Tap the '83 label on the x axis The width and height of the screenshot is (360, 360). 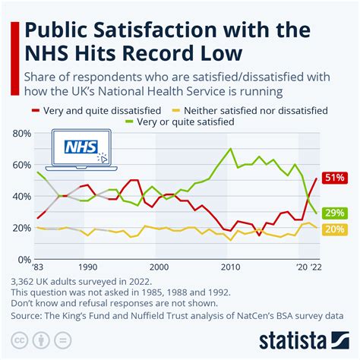coord(36,268)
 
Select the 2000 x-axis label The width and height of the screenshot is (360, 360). coord(156,268)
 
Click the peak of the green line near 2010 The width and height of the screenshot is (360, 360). coord(230,149)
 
